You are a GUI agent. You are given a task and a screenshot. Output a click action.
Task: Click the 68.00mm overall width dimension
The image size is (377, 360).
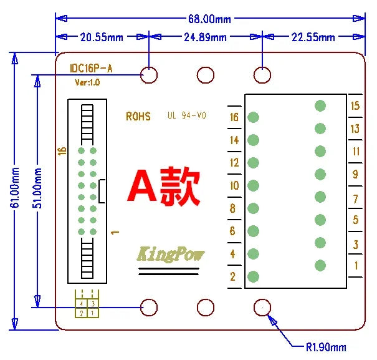209,19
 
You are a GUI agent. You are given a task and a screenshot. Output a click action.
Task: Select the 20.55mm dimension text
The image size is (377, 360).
102,37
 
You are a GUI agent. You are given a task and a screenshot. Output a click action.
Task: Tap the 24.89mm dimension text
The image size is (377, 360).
205,37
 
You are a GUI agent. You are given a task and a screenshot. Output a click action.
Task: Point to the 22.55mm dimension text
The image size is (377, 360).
313,37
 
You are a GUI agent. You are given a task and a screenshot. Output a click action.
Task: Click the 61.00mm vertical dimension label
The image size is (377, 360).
15,188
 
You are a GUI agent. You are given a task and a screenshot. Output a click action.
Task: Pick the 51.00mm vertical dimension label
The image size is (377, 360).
37,188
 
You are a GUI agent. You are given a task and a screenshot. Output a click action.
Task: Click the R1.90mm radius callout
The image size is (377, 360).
326,348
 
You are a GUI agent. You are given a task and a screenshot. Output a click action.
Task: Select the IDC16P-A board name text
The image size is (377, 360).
91,69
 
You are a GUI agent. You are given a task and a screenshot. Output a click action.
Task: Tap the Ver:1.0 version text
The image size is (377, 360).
87,82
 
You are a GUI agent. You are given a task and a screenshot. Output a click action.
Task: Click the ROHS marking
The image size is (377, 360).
138,117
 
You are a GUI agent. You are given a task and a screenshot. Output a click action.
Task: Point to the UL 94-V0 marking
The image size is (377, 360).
187,115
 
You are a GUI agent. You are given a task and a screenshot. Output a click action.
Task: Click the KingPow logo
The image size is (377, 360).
170,254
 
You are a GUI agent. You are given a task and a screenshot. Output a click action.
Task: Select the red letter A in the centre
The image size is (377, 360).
142,185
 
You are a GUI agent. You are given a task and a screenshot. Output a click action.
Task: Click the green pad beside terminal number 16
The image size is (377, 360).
253,117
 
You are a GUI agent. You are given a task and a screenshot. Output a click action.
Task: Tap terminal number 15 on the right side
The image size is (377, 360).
355,105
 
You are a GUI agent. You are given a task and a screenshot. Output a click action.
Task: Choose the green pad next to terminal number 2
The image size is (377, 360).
253,276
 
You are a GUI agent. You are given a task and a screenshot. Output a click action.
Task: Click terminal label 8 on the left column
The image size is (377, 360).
232,208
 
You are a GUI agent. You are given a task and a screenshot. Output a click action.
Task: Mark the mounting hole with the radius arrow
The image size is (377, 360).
262,308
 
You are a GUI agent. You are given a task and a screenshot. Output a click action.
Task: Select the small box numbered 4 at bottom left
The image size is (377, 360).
81,303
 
